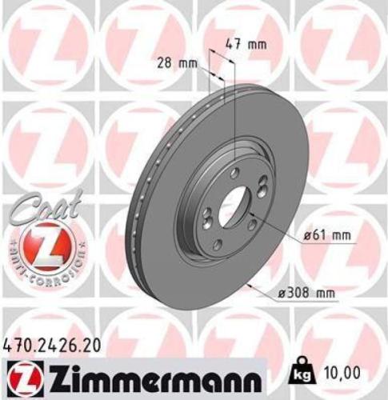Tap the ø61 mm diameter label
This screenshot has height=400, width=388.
click(x=328, y=235)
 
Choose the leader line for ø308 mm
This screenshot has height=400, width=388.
click(x=276, y=294)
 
